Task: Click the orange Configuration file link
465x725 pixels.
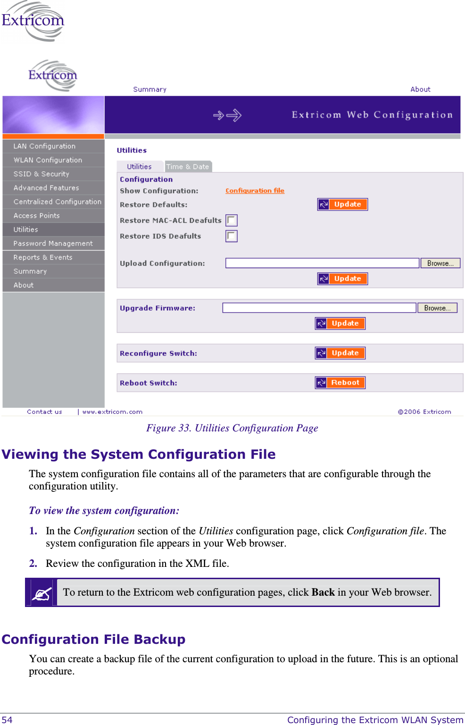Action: coord(255,191)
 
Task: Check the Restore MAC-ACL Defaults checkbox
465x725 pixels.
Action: coord(231,220)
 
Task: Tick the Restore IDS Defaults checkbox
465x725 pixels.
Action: coord(231,236)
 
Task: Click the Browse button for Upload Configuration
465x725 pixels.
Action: coord(440,263)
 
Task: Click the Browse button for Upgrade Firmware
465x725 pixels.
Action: coord(437,308)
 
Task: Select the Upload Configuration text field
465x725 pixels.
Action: coord(322,263)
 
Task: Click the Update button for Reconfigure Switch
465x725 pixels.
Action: coord(340,353)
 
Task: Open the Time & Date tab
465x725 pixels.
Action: coord(188,167)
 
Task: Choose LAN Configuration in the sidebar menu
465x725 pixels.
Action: coord(44,146)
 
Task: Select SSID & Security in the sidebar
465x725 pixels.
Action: coord(42,174)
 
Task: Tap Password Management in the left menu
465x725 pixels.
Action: coord(53,244)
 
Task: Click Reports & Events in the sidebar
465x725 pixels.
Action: coord(43,257)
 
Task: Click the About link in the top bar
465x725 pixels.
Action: coord(420,89)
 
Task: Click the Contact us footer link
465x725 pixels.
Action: coord(44,412)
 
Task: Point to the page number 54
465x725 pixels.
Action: coord(7,720)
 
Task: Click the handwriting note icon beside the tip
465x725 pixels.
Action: coord(42,593)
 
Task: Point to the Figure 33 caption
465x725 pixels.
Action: coord(232,428)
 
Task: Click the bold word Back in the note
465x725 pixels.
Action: coord(323,592)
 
